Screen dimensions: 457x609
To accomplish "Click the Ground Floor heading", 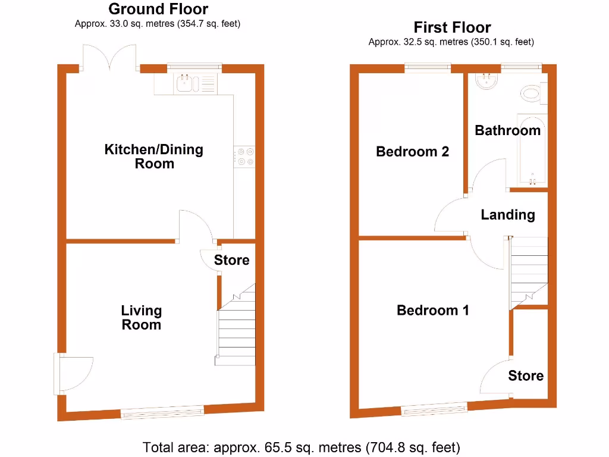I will pos(158,10).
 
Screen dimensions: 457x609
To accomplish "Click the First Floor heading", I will pos(452,27).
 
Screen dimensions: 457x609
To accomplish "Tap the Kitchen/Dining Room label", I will pos(154,156).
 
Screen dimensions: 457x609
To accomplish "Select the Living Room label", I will pos(142,317).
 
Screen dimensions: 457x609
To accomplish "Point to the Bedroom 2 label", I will pos(412,152).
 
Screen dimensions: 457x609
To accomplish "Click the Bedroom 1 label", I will pos(433,310).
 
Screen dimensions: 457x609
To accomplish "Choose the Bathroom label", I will pos(507,130).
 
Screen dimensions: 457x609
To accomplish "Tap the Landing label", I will pos(508,215).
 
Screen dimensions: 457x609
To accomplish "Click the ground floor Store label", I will pos(231,260).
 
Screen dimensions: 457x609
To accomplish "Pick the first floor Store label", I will pos(526,375).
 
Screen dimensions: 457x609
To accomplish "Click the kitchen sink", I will pos(187,83).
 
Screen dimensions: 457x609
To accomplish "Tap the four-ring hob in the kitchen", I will pos(244,156).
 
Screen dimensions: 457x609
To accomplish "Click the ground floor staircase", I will pos(236,333).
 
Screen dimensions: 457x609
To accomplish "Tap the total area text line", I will pos(302,446).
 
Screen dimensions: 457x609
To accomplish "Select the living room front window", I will pos(162,411).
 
